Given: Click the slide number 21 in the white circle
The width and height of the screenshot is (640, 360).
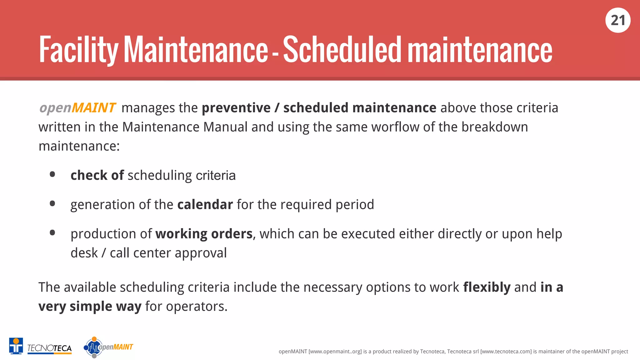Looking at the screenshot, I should tap(618, 21).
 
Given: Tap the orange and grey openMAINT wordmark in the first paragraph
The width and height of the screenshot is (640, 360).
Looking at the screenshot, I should tap(77, 108).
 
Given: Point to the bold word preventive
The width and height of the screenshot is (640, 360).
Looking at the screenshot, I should tap(236, 108).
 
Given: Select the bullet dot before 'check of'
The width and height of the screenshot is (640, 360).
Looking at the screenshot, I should tap(52, 174).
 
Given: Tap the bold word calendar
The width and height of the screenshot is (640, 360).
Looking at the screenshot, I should tap(205, 205).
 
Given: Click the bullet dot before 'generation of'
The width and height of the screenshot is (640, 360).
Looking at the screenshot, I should tap(52, 204).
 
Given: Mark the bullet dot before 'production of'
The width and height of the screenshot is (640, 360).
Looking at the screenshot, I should tap(52, 233).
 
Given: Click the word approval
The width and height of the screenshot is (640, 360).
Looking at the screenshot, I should tap(201, 253).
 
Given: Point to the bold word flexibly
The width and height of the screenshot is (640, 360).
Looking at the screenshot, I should tap(487, 287).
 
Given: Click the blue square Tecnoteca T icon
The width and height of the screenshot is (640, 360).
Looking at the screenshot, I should tap(16, 346).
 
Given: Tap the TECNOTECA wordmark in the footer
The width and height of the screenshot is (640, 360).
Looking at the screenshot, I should tap(49, 348).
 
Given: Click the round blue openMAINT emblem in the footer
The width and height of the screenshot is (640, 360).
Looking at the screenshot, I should tap(93, 347).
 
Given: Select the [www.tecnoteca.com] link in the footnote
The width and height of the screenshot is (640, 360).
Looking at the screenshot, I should tap(506, 352).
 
